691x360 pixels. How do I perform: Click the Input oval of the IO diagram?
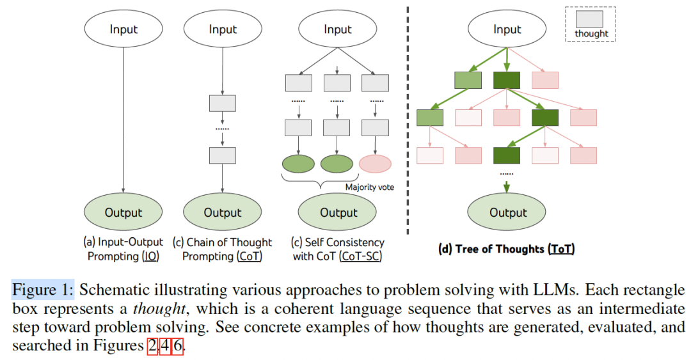click(123, 29)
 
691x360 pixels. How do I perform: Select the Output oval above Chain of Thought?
click(222, 212)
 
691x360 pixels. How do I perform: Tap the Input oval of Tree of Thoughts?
click(507, 29)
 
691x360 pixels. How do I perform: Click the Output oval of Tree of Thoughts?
click(507, 212)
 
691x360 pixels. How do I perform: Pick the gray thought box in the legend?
click(591, 19)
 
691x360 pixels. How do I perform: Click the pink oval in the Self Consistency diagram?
click(375, 164)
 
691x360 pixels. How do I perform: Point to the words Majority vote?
click(370, 187)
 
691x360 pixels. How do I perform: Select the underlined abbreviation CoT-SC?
click(362, 256)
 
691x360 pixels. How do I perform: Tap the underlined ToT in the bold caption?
click(561, 249)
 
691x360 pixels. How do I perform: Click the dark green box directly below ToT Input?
click(507, 80)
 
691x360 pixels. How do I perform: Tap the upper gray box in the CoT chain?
click(223, 104)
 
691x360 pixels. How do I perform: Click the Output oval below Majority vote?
click(338, 212)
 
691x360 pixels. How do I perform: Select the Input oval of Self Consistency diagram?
click(338, 29)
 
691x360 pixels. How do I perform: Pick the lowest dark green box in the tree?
click(506, 155)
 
